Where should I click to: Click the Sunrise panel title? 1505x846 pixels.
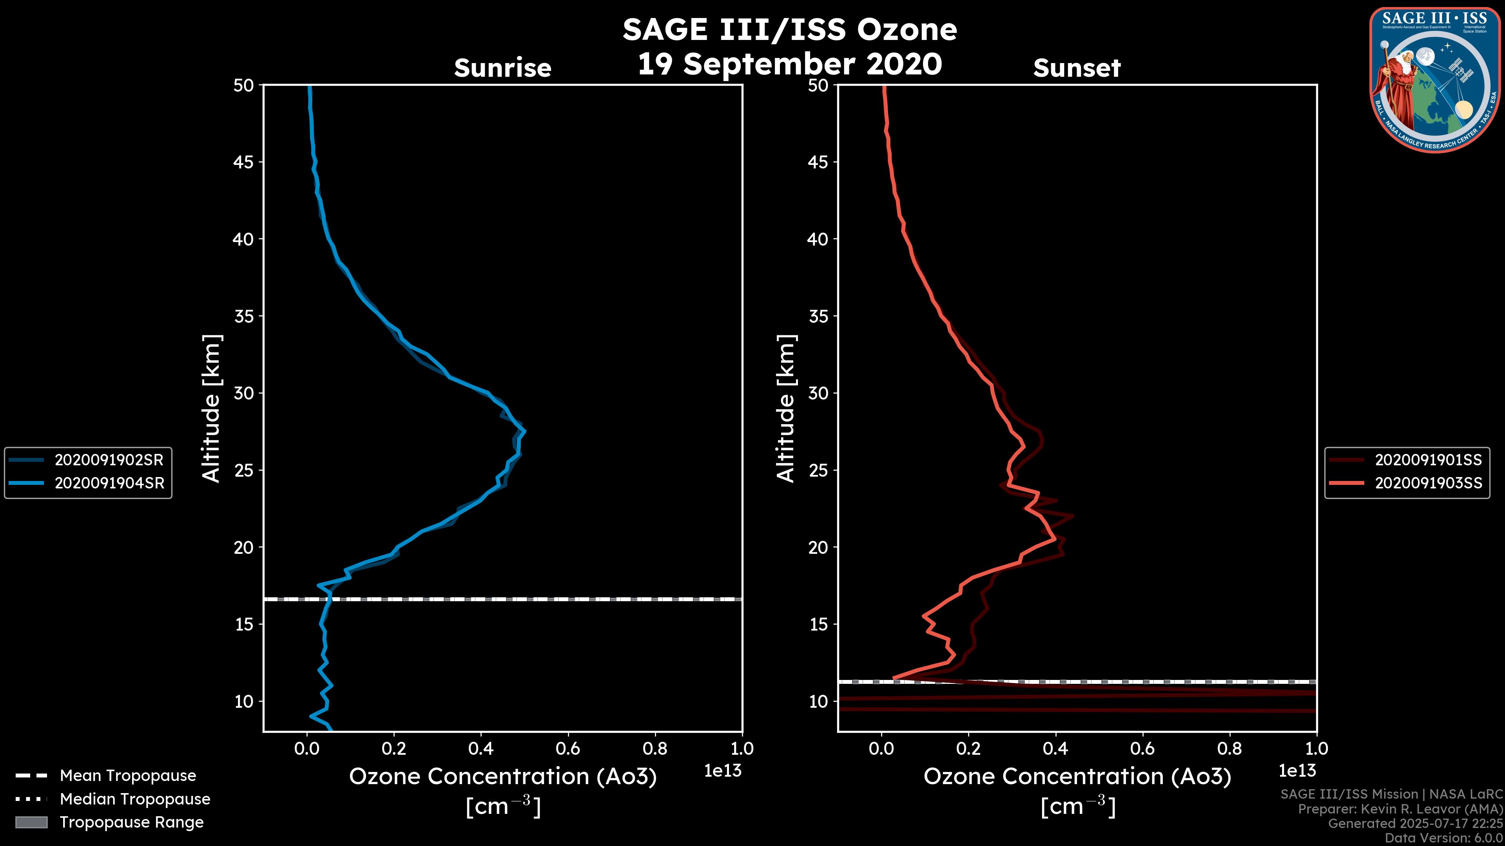pyautogui.click(x=502, y=68)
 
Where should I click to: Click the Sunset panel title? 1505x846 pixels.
pyautogui.click(x=1077, y=68)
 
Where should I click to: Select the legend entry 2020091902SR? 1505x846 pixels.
pyautogui.click(x=109, y=460)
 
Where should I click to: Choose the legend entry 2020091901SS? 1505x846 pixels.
pyautogui.click(x=1428, y=460)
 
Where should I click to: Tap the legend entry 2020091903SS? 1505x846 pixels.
pyautogui.click(x=1428, y=483)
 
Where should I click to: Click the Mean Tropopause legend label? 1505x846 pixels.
pyautogui.click(x=127, y=775)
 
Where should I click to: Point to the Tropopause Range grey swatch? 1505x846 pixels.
pyautogui.click(x=31, y=822)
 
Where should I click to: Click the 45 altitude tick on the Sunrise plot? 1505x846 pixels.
pyautogui.click(x=244, y=162)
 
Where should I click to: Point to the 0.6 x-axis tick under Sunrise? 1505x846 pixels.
pyautogui.click(x=568, y=748)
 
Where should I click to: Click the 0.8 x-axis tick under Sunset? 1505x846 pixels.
pyautogui.click(x=1229, y=748)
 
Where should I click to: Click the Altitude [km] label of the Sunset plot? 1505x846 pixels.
pyautogui.click(x=786, y=409)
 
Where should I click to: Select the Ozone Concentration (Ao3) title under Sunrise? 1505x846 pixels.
pyautogui.click(x=502, y=777)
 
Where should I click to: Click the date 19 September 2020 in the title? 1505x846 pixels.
pyautogui.click(x=789, y=63)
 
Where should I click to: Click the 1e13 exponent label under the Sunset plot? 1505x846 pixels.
pyautogui.click(x=1297, y=771)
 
